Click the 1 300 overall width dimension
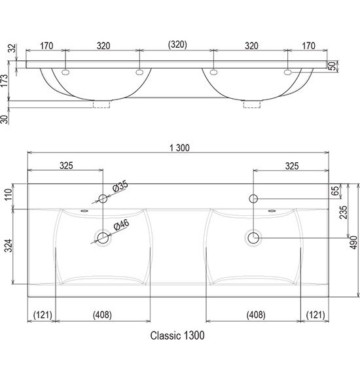(179, 148)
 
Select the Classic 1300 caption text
(177, 336)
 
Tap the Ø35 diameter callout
(120, 186)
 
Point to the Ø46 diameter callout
(121, 225)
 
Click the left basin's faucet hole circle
(103, 199)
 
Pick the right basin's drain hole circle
(253, 238)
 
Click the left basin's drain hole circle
(103, 238)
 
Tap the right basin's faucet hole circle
(253, 199)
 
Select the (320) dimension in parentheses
(177, 44)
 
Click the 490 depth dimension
(354, 243)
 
